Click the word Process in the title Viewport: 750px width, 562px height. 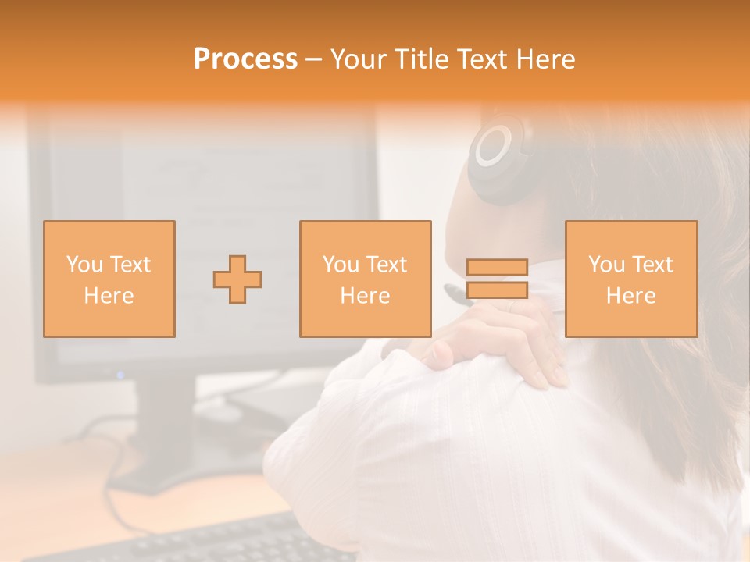pyautogui.click(x=245, y=59)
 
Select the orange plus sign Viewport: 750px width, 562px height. pyautogui.click(x=237, y=279)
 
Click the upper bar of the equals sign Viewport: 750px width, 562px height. pyautogui.click(x=497, y=268)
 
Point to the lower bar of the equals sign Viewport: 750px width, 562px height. pyautogui.click(x=497, y=290)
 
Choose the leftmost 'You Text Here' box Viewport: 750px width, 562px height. pyautogui.click(x=109, y=279)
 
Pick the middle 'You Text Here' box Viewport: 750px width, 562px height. pyautogui.click(x=366, y=279)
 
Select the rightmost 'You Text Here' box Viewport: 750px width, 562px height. pyautogui.click(x=631, y=279)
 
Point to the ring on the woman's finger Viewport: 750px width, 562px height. pyautogui.click(x=512, y=308)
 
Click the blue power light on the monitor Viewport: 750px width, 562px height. pyautogui.click(x=120, y=375)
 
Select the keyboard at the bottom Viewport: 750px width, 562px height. pyautogui.click(x=195, y=542)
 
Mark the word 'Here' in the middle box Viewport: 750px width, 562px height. pyautogui.click(x=366, y=296)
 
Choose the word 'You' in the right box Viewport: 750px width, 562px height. pyautogui.click(x=606, y=265)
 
